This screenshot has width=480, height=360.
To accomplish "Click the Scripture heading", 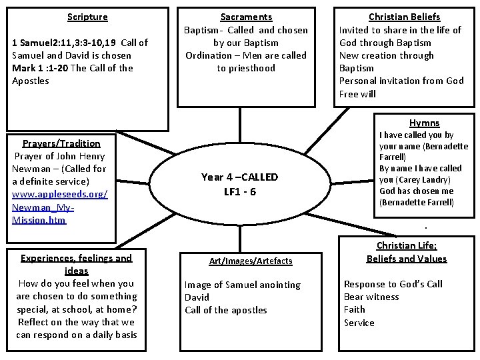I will click(87, 17).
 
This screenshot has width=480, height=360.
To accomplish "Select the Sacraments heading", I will click(246, 17).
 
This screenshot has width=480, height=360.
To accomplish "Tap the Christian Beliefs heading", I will click(405, 17).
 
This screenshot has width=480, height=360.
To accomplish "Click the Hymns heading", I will click(424, 123).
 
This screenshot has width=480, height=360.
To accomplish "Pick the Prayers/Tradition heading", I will click(61, 143).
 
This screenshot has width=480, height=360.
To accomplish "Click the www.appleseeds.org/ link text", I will click(60, 194).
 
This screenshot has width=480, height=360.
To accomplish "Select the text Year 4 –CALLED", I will click(240, 177).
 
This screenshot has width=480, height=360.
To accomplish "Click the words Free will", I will click(357, 93).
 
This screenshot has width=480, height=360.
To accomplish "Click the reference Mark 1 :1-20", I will click(38, 68).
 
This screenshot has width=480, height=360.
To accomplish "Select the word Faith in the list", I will click(355, 309).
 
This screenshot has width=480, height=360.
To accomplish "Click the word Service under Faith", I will click(359, 323).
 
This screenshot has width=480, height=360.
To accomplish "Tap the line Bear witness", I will click(371, 297).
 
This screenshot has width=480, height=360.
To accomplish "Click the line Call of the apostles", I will click(225, 310).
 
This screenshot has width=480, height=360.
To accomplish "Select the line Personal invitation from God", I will click(401, 81).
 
